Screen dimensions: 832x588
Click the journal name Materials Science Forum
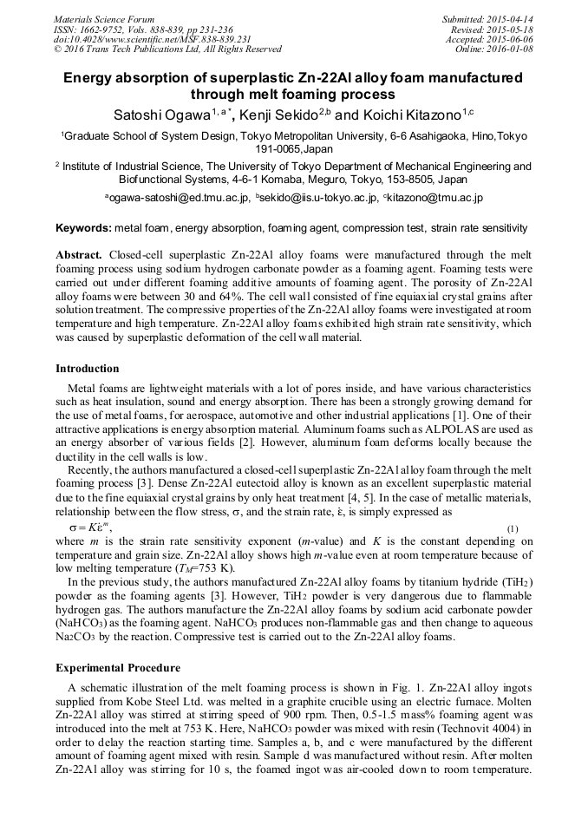104,18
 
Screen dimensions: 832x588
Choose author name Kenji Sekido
278,115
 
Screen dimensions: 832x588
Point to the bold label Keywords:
83,228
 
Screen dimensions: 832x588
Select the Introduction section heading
88,369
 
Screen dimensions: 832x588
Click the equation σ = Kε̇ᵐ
90,527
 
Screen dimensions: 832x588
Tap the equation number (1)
513,528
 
